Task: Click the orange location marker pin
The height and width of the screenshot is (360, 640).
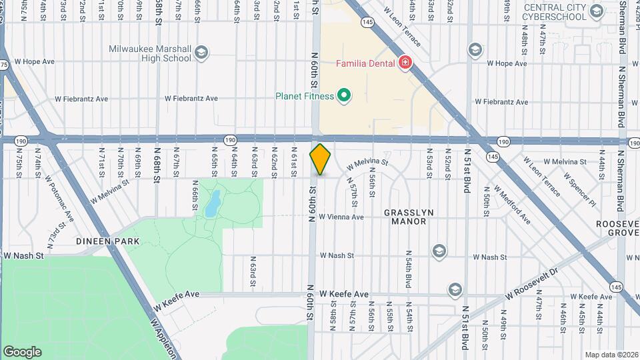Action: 321,159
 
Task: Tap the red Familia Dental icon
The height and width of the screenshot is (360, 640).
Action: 404,63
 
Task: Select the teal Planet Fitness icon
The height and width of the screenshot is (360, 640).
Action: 344,96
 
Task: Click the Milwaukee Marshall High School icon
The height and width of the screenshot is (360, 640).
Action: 201,53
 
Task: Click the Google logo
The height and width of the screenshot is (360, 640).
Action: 22,351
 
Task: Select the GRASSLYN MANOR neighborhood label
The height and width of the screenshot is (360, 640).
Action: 409,217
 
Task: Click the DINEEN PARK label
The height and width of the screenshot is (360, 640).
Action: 107,241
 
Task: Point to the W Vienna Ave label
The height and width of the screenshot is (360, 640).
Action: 341,217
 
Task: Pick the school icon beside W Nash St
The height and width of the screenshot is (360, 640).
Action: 439,251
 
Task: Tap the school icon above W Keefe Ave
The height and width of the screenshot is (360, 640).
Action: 455,289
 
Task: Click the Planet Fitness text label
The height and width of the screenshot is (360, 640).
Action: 305,96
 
